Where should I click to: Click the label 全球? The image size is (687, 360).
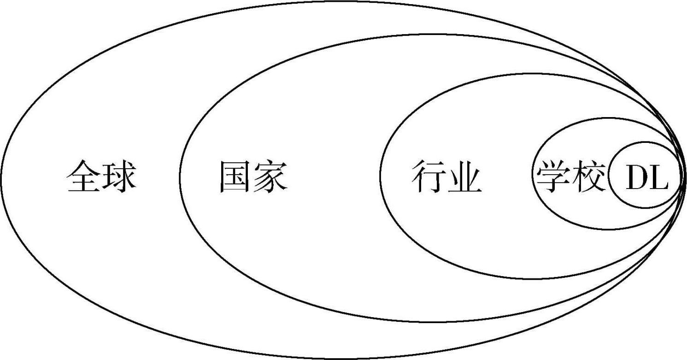pos(101,177)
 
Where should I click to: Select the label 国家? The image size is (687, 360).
pos(253,177)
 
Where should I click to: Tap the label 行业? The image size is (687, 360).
pos(446,177)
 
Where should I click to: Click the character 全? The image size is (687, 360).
pos(84,177)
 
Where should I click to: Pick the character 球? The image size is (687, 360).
pos(119,177)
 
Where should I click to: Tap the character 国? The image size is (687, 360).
pos(235,177)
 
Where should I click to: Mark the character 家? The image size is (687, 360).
pos(271,177)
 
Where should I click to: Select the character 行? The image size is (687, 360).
pos(428,177)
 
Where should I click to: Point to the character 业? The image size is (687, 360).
pos(464,177)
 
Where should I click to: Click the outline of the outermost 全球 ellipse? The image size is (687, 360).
pos(1,180)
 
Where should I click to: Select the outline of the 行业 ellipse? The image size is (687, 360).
pos(380,175)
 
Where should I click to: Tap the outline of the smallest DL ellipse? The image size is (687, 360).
pos(609,176)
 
